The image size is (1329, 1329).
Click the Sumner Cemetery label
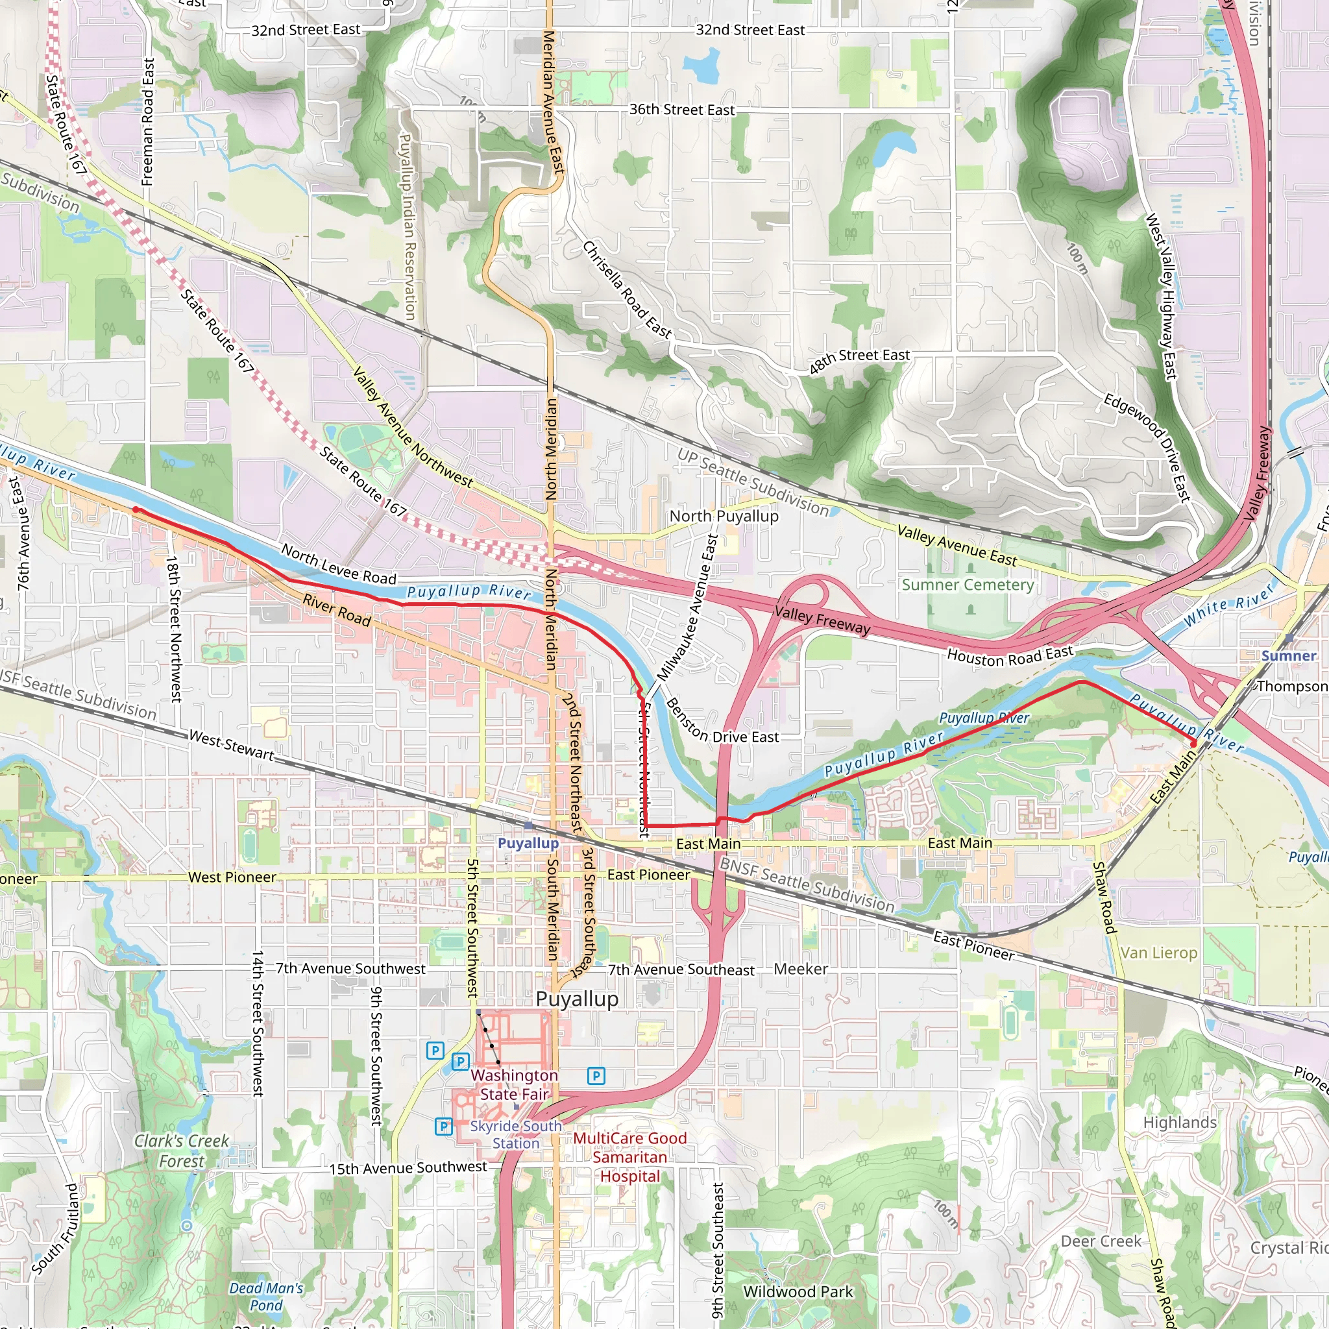tap(967, 585)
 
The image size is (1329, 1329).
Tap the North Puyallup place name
tap(724, 516)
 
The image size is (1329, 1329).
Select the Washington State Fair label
tap(515, 1085)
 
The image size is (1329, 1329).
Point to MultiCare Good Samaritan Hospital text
tap(629, 1157)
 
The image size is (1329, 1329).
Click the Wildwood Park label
tap(798, 1292)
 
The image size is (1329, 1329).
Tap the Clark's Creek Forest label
tap(182, 1151)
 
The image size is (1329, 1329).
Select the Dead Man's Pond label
tap(266, 1297)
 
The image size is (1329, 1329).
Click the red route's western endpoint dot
tap(136, 509)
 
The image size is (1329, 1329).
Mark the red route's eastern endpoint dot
tap(1193, 744)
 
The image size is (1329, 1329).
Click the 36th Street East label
tap(682, 110)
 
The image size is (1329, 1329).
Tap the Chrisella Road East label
tap(627, 289)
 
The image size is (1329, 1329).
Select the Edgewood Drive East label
tap(1147, 447)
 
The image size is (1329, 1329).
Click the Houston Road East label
tap(1009, 655)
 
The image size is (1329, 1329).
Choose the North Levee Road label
tap(339, 565)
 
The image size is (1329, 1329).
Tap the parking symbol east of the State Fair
tap(596, 1076)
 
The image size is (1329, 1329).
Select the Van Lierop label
tap(1158, 953)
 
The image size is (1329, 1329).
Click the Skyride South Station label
tap(515, 1134)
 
